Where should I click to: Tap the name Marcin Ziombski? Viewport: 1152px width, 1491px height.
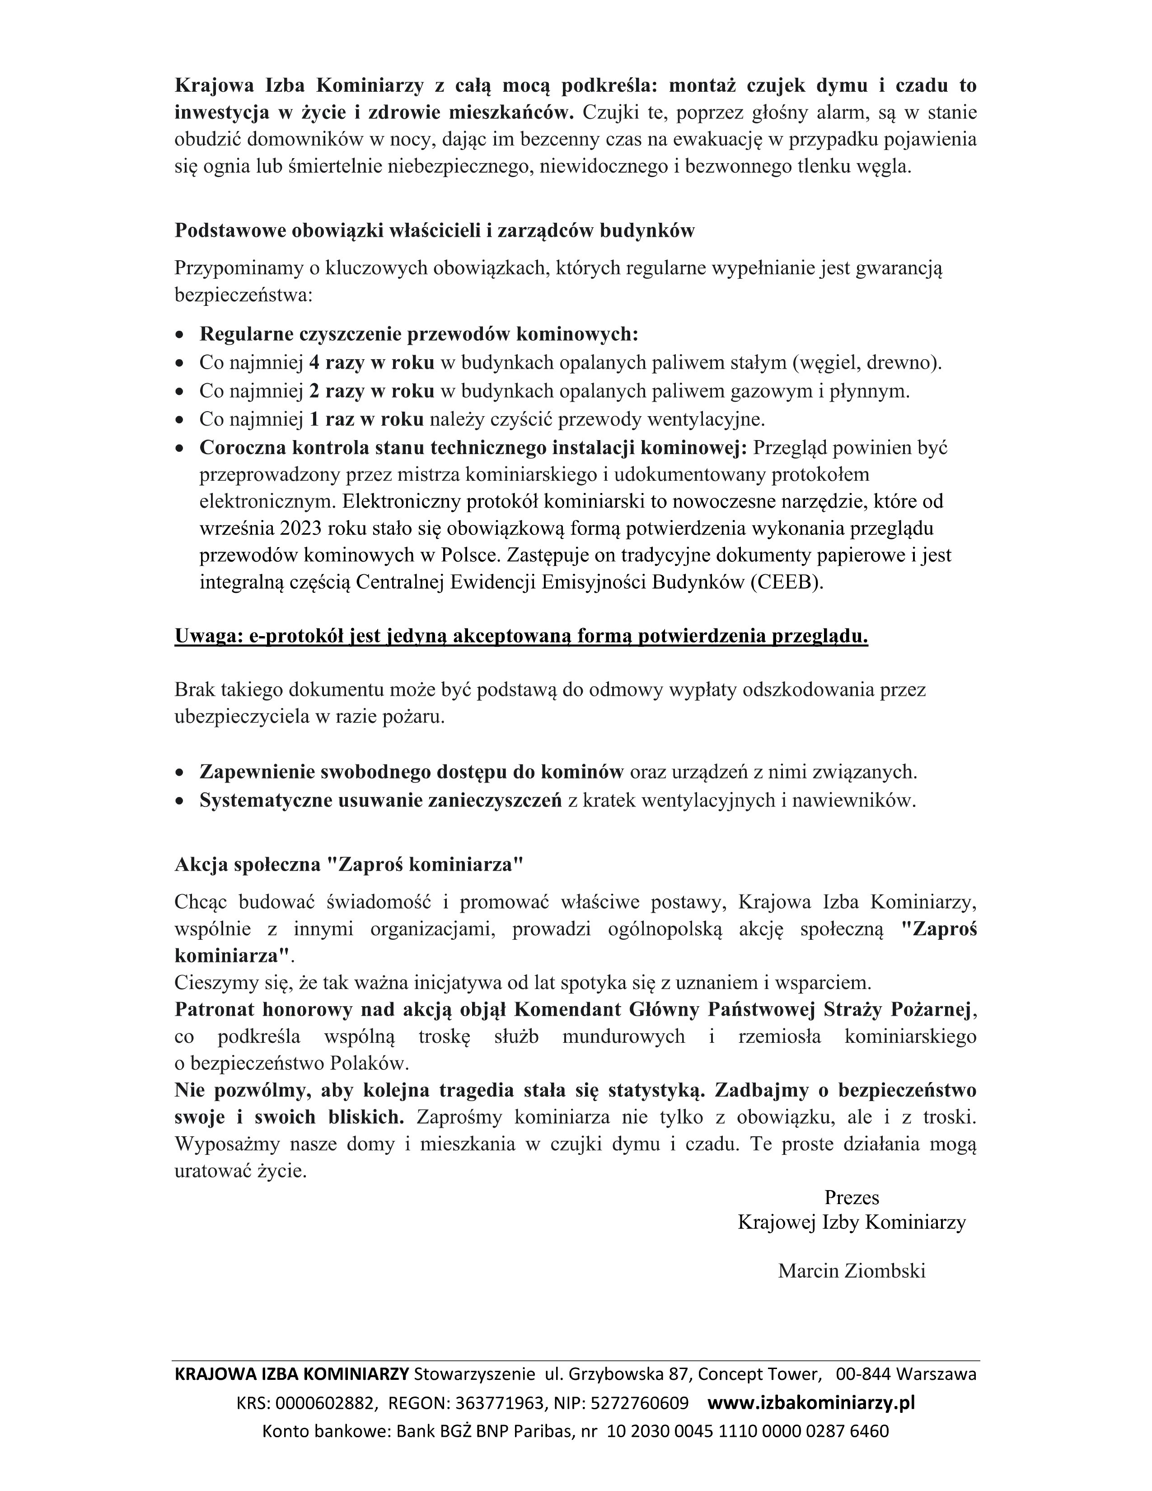tap(851, 1271)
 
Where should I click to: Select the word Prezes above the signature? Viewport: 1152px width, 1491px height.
tap(851, 1197)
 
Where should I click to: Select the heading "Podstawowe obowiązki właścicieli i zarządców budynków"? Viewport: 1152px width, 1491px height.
tap(434, 231)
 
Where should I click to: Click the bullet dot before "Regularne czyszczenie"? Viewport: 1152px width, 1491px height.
tap(179, 335)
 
